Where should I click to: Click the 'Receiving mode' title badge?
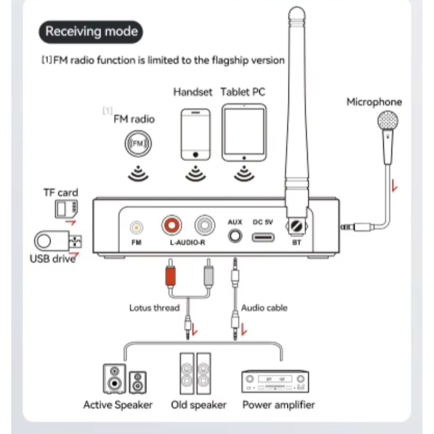pyautogui.click(x=91, y=32)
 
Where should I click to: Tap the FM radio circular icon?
pyautogui.click(x=137, y=144)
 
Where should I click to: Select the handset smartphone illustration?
pyautogui.click(x=195, y=135)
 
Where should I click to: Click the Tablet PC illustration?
pyautogui.click(x=244, y=133)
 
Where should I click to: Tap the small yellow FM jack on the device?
pyautogui.click(x=136, y=228)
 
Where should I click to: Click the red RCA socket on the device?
pyautogui.click(x=171, y=225)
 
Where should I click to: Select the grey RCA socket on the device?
pyautogui.click(x=205, y=225)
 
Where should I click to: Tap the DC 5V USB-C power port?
pyautogui.click(x=263, y=237)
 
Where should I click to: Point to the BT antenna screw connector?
pyautogui.click(x=297, y=227)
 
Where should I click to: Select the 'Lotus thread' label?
pyautogui.click(x=154, y=308)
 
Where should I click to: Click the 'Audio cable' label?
pyautogui.click(x=264, y=308)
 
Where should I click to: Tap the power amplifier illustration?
pyautogui.click(x=275, y=382)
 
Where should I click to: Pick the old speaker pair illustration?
pyautogui.click(x=195, y=374)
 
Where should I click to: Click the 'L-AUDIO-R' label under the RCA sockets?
pyautogui.click(x=187, y=242)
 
